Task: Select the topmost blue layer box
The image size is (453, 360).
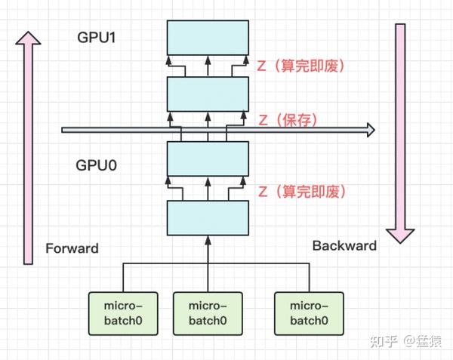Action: pyautogui.click(x=208, y=38)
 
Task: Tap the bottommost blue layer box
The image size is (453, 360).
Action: pyautogui.click(x=208, y=219)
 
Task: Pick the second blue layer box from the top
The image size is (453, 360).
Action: pyautogui.click(x=208, y=94)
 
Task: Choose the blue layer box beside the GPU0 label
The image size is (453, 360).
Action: pyautogui.click(x=208, y=158)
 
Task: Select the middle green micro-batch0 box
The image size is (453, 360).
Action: pyautogui.click(x=208, y=312)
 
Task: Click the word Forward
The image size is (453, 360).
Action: pyautogui.click(x=72, y=248)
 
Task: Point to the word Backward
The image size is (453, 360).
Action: pyautogui.click(x=344, y=245)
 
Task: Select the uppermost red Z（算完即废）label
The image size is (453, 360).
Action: pyautogui.click(x=301, y=66)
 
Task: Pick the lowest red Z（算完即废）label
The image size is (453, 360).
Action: pyautogui.click(x=301, y=191)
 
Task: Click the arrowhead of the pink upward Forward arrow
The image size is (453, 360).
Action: pyautogui.click(x=28, y=39)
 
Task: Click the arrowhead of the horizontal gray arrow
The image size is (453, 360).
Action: pyautogui.click(x=368, y=131)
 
